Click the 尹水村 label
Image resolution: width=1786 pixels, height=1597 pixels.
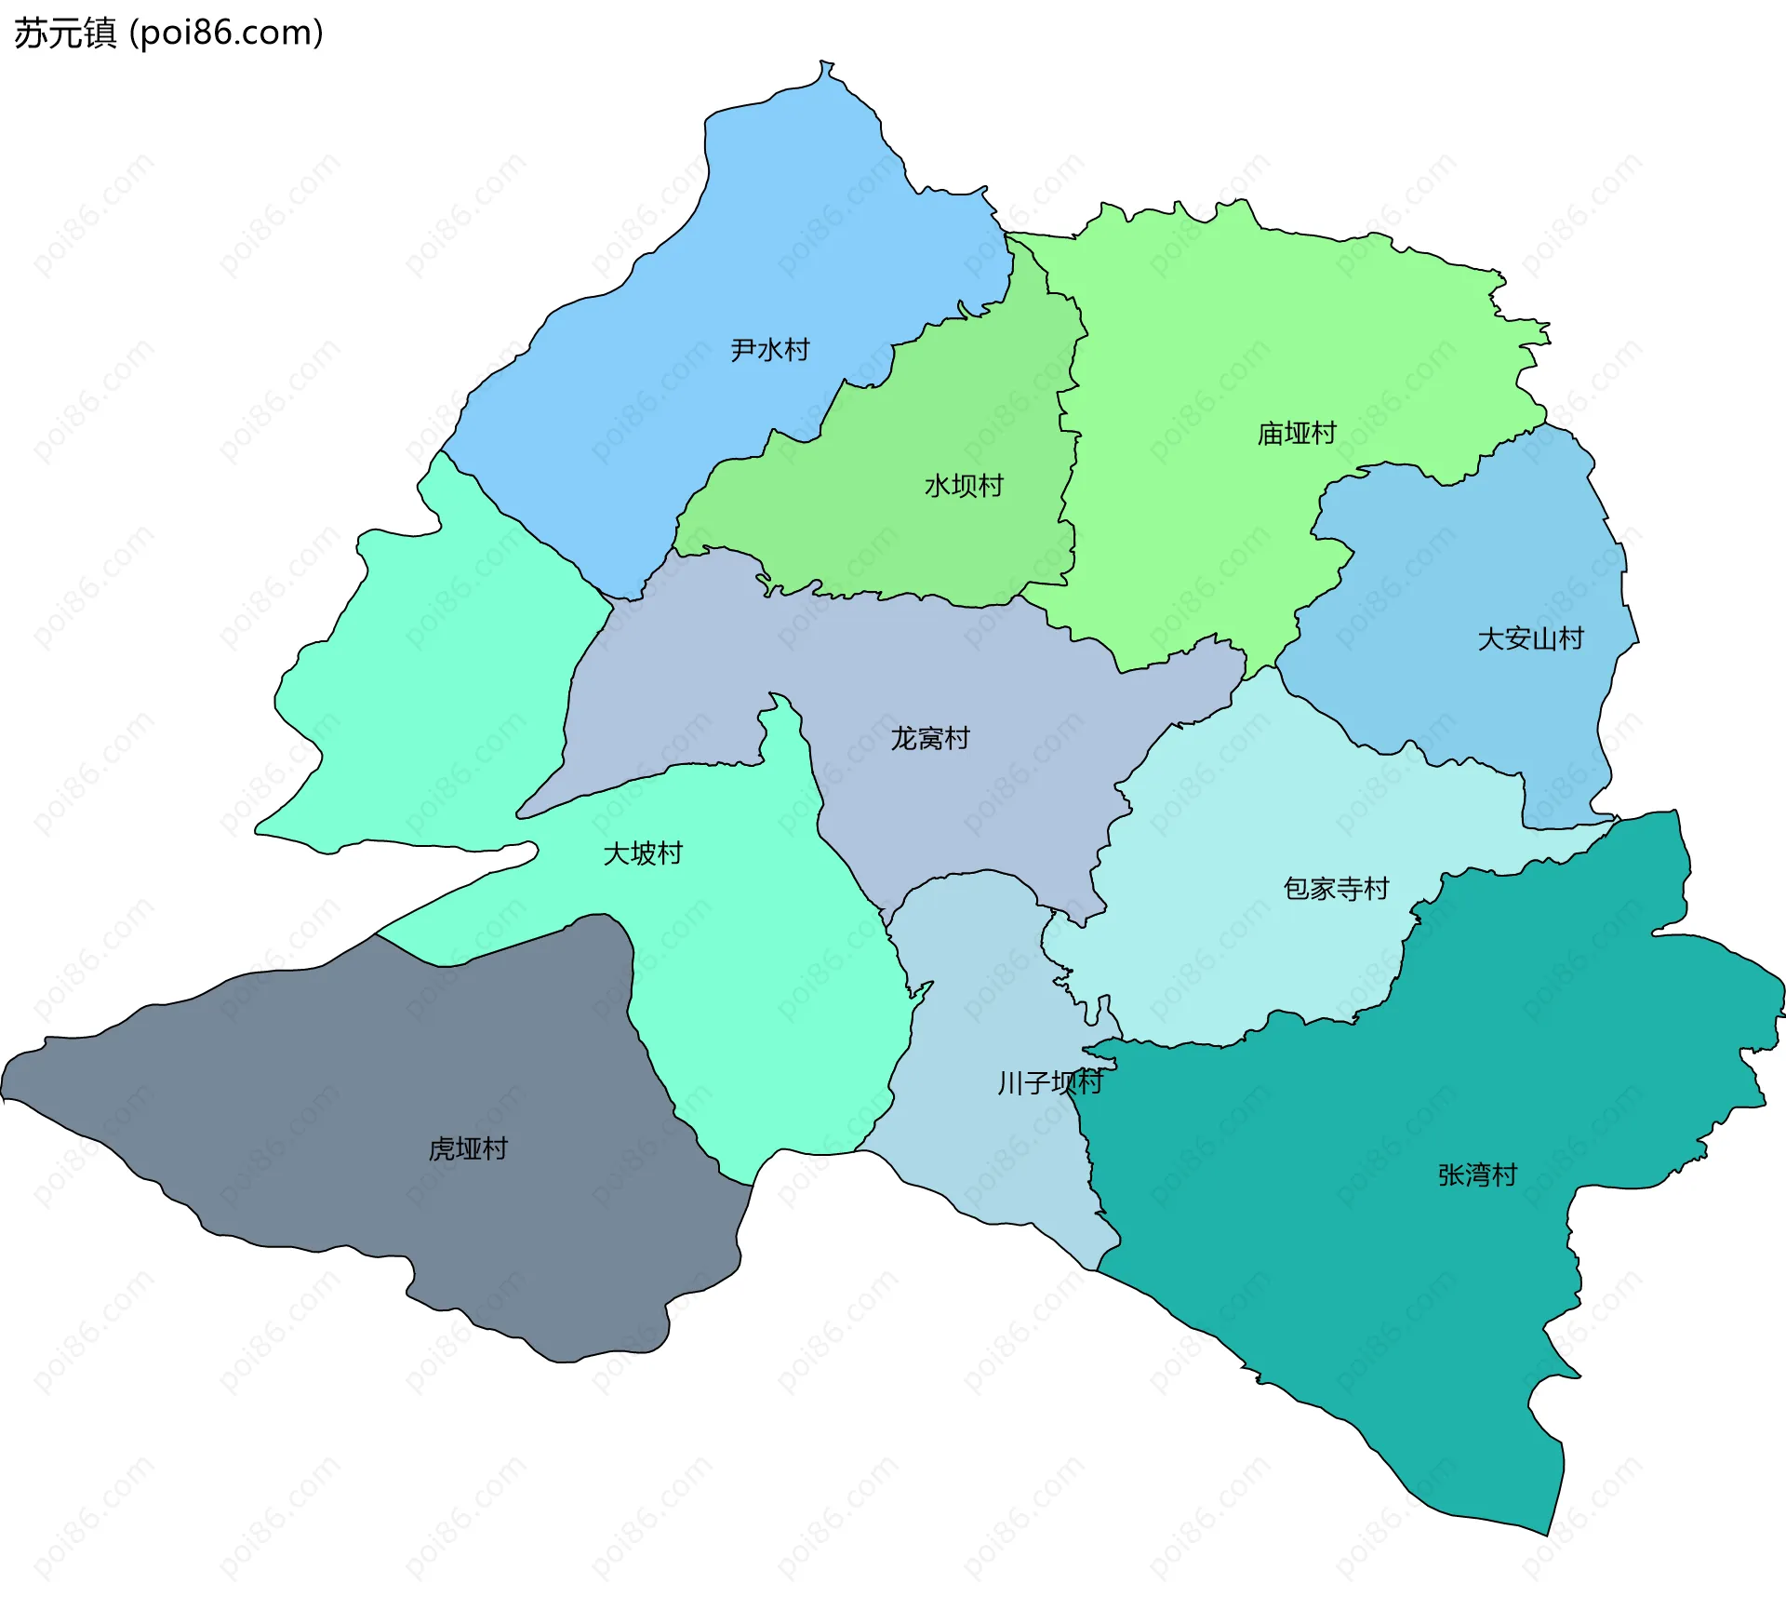click(769, 350)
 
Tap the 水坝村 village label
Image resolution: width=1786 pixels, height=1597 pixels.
click(964, 486)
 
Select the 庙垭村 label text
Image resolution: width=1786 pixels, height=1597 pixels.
click(1296, 434)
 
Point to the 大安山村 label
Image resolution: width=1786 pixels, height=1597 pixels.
click(1530, 639)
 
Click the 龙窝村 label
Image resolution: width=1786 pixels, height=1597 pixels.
click(929, 739)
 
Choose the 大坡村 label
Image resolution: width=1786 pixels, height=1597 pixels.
click(642, 853)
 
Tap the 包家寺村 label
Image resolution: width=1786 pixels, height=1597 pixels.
click(1336, 889)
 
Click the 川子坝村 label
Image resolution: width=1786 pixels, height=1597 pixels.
click(1049, 1082)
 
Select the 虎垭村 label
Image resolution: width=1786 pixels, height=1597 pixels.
click(468, 1149)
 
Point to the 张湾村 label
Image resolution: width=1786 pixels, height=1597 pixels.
click(1477, 1175)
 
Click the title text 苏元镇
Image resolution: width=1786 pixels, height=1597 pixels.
click(65, 34)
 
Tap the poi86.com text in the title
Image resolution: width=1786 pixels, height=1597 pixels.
click(226, 34)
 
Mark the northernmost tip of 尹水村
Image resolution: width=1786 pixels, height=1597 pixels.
click(822, 62)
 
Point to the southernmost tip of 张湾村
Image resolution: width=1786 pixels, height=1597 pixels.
click(1547, 1535)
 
